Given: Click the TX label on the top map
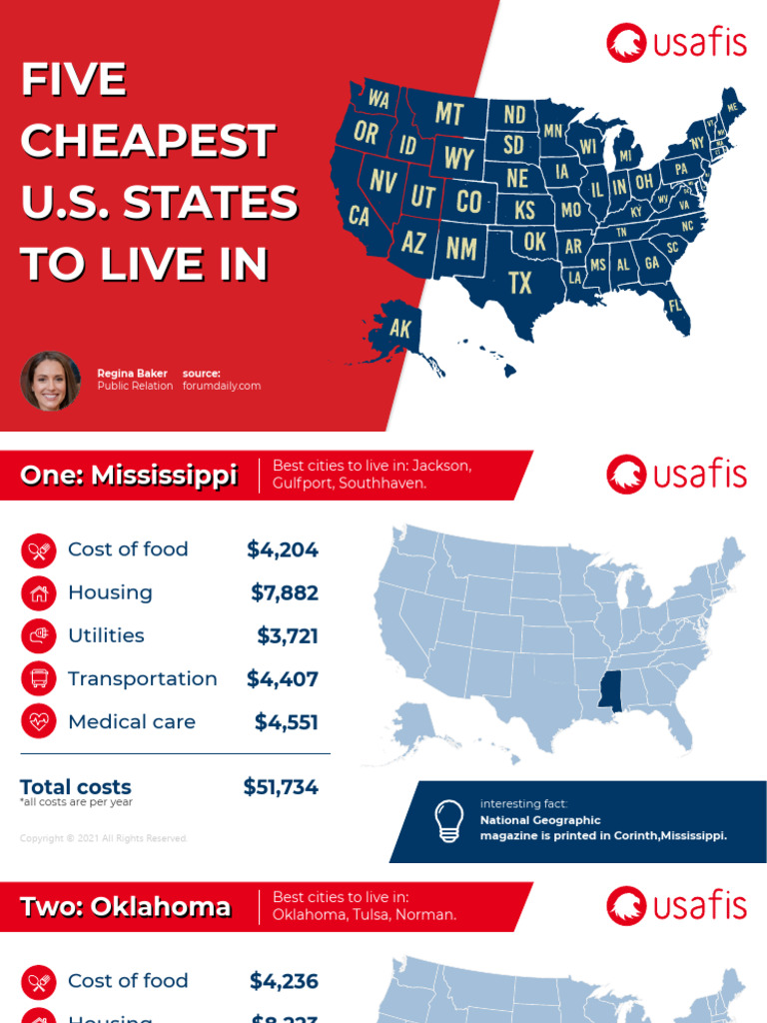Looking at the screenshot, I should [x=520, y=283].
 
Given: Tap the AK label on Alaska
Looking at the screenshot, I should [x=400, y=328].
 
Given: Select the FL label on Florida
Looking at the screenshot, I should [x=675, y=305].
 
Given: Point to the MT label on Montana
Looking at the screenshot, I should [x=449, y=114].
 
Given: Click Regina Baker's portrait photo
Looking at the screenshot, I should [x=50, y=381].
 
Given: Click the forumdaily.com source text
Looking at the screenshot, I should [x=222, y=386].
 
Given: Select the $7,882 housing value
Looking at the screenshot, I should [x=285, y=592].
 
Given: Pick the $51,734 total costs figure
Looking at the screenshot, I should [x=281, y=787].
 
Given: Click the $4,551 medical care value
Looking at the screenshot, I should [x=287, y=721].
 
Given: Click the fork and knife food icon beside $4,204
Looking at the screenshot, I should [x=39, y=549].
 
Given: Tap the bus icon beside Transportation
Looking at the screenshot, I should [x=39, y=679].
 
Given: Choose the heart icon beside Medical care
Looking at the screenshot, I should [x=39, y=721].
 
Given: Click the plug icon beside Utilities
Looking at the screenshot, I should [x=39, y=635].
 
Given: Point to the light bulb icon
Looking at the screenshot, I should [x=449, y=820].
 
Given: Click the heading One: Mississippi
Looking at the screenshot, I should [x=129, y=476].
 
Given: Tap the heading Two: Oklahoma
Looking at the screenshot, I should [x=126, y=907].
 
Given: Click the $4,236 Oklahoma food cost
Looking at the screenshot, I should [x=285, y=981].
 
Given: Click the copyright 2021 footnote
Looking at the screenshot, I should [x=104, y=838].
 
